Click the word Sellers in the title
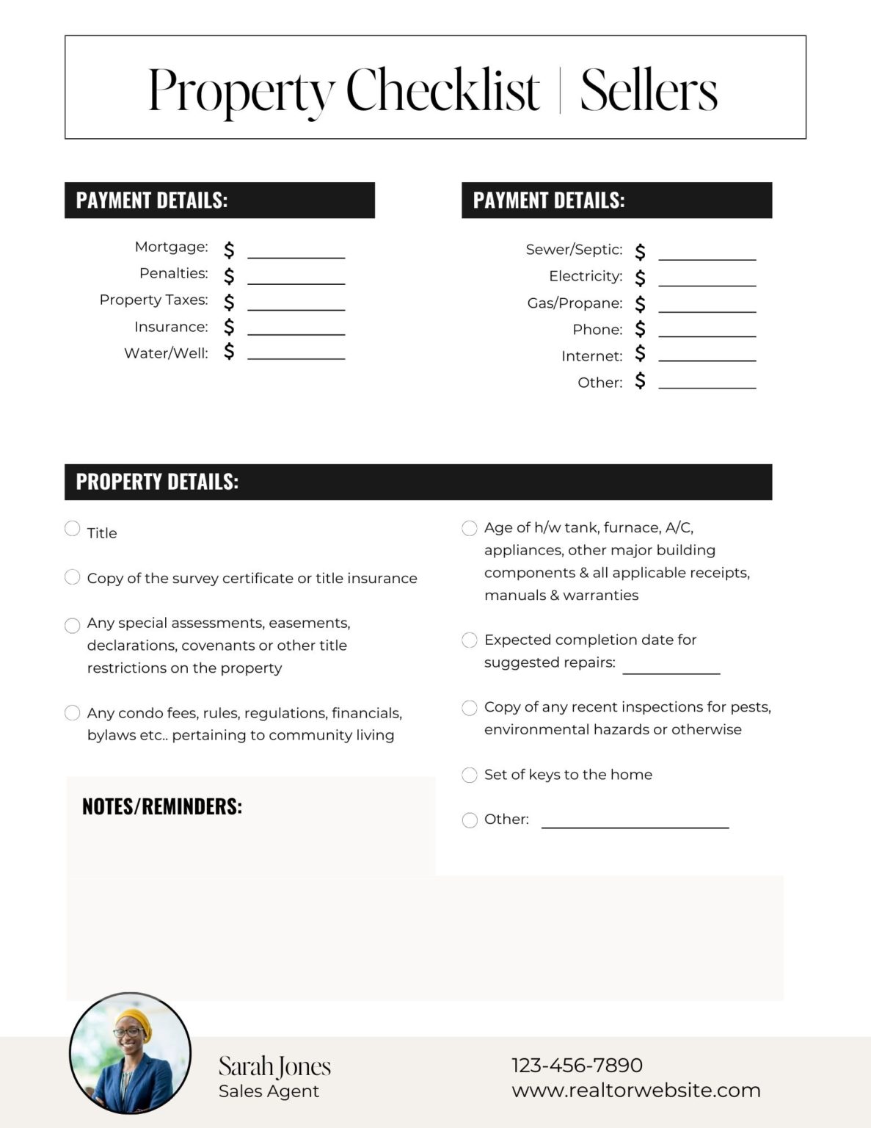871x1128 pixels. tap(648, 90)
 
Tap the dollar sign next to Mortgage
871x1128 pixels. tap(229, 250)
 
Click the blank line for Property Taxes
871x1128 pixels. tap(296, 309)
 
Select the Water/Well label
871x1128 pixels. tap(166, 353)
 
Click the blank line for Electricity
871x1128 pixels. tap(707, 286)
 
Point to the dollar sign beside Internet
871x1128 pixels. tap(640, 354)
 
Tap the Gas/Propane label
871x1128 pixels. tap(575, 303)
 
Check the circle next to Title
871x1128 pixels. tap(72, 529)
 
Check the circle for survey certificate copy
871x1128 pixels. tap(72, 577)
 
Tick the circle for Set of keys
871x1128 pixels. tap(470, 775)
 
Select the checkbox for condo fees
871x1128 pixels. tap(72, 712)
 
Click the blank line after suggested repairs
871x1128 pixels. tap(671, 672)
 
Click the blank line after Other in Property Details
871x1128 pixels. tap(635, 827)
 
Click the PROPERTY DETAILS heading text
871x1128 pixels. tap(157, 482)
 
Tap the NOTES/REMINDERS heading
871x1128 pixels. tap(162, 806)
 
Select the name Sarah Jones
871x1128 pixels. tap(274, 1066)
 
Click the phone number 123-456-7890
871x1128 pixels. tap(577, 1065)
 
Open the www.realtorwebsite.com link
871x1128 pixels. tap(635, 1091)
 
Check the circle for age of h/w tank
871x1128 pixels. tap(470, 528)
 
